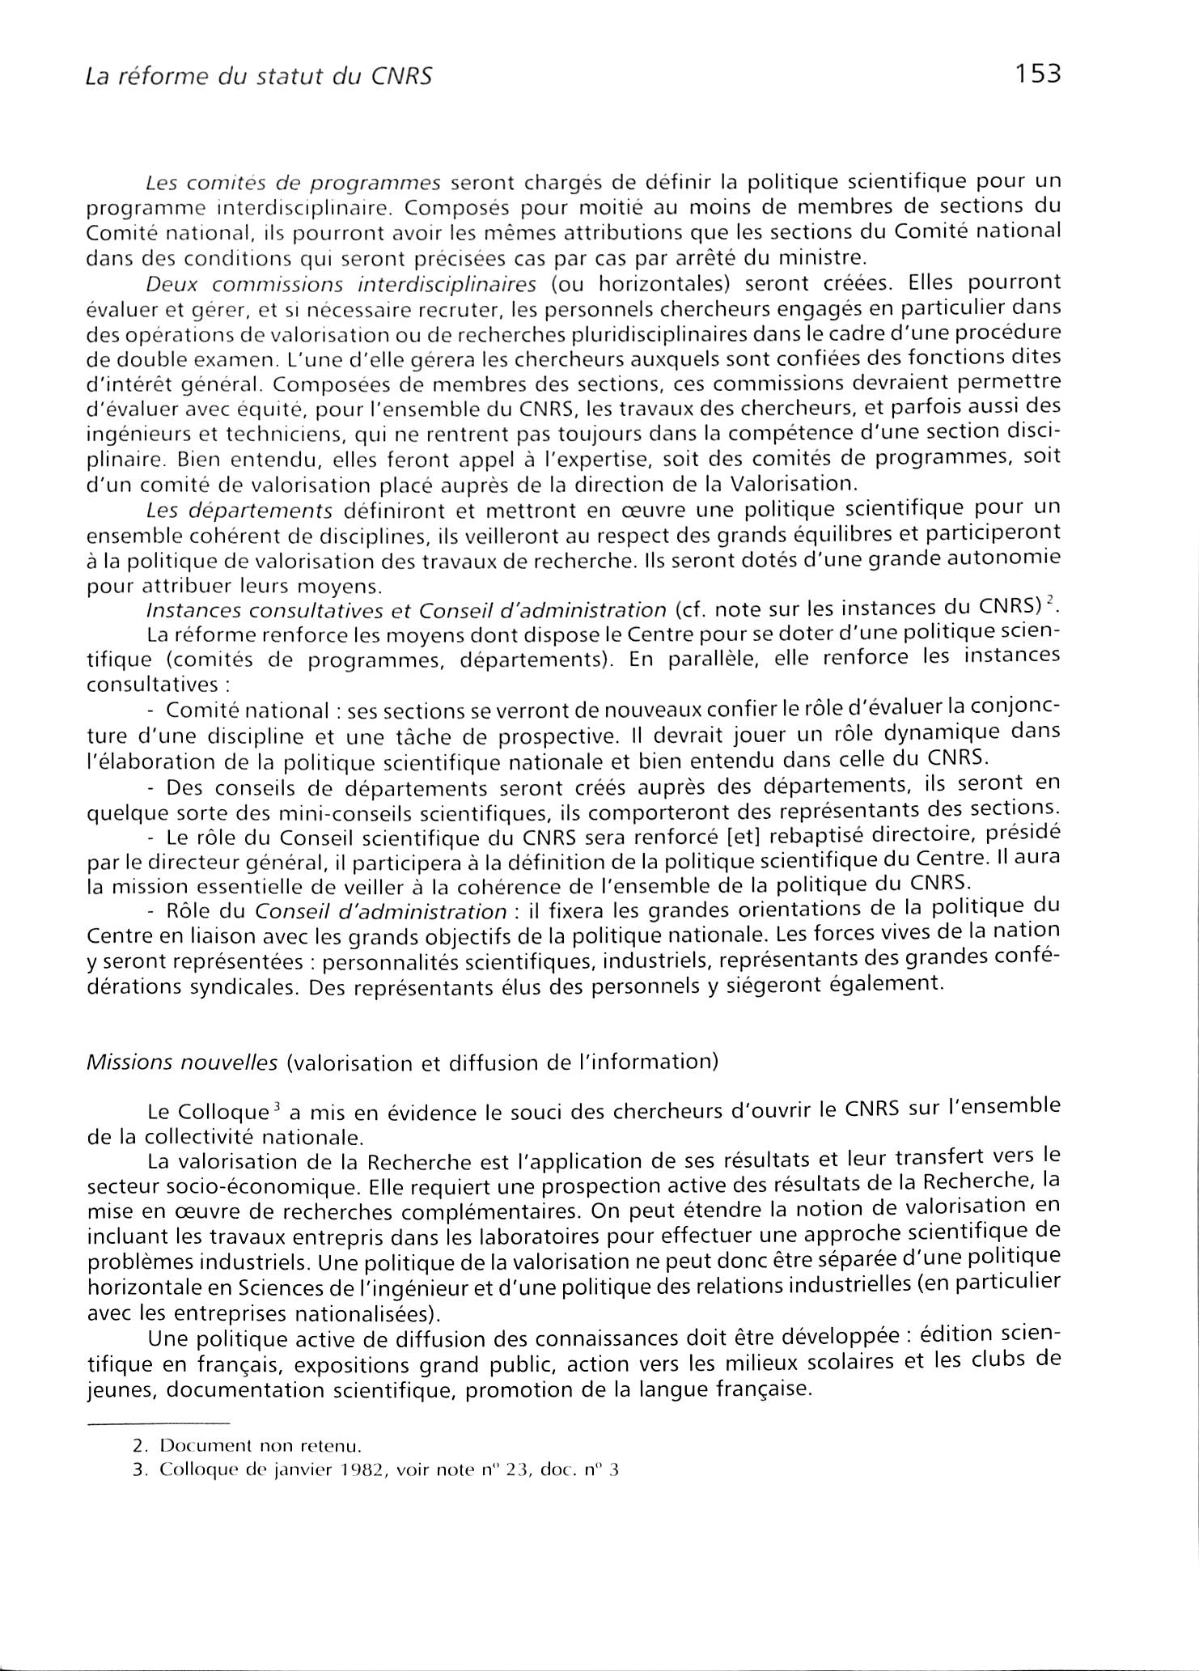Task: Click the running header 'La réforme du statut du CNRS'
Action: (x=259, y=77)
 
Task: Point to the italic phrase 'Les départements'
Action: (x=240, y=510)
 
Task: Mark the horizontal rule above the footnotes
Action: (x=158, y=1424)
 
